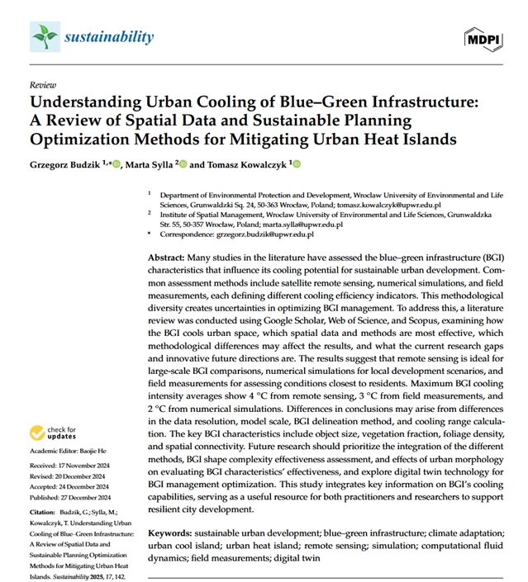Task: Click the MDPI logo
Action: point(483,38)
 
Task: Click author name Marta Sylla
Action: point(155,165)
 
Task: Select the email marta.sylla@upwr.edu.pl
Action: point(299,224)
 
